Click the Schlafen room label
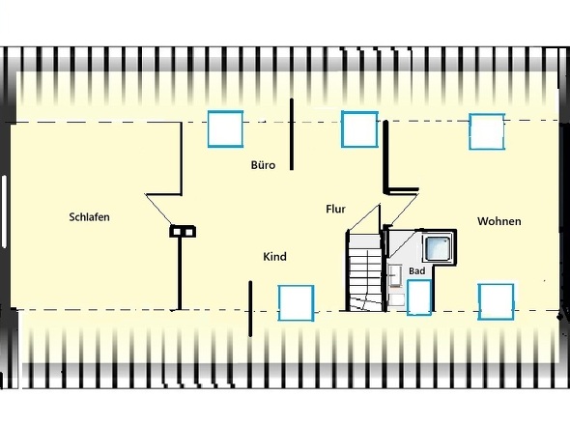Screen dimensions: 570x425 (89, 217)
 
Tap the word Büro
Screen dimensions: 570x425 (263, 165)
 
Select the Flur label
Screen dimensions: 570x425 (335, 209)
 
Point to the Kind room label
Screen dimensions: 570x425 (274, 257)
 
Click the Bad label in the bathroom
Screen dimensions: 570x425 (416, 270)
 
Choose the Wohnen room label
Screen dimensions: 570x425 (499, 221)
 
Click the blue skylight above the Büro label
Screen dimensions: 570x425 (225, 129)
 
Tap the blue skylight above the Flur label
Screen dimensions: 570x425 (359, 129)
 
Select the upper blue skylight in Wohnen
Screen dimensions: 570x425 (487, 131)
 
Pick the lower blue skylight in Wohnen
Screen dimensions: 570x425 (496, 301)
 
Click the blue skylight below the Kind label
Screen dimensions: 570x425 (296, 303)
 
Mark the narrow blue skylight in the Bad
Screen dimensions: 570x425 (419, 297)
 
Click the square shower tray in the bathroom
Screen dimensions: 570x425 (438, 248)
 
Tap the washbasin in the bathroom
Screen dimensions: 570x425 (395, 276)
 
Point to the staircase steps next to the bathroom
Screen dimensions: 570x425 (364, 272)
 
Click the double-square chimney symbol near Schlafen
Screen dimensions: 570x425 (183, 232)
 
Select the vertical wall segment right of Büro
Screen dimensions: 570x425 (292, 134)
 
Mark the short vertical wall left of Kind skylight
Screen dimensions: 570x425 (250, 309)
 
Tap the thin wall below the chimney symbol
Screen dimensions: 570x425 (180, 273)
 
